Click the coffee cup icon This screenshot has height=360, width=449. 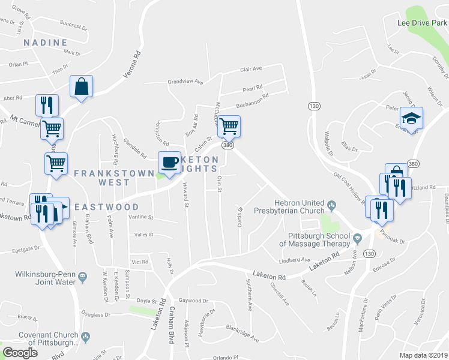pos(169,161)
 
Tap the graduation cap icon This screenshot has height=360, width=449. pos(411,118)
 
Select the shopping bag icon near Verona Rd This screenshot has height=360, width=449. pos(81,86)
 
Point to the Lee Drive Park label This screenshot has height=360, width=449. pos(423,23)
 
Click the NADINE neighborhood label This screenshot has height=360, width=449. pos(44,43)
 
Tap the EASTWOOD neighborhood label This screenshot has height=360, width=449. pos(107,206)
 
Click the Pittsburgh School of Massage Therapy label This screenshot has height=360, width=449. pos(314,239)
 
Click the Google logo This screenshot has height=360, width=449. pos(20,353)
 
